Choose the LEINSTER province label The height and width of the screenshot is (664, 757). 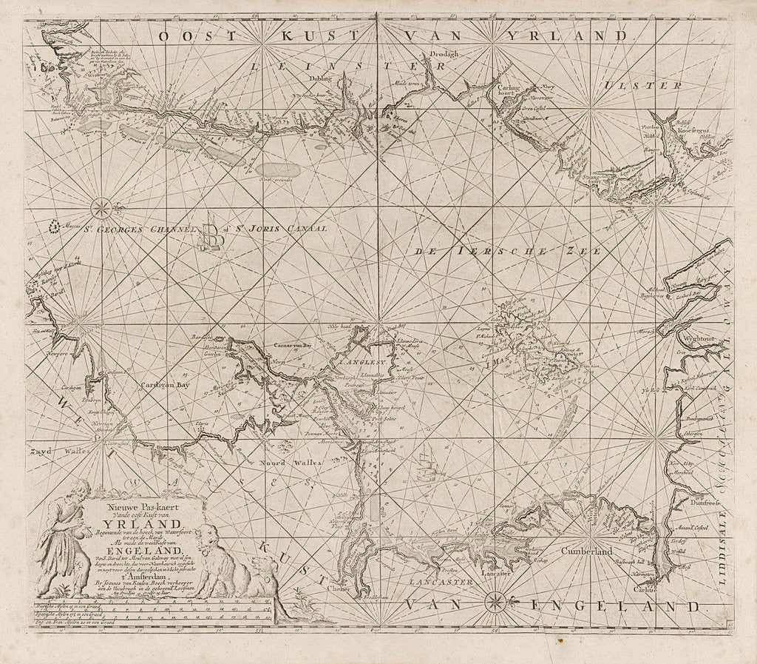341,66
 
